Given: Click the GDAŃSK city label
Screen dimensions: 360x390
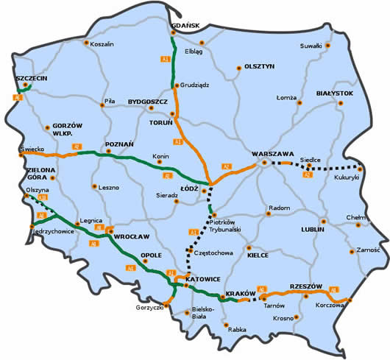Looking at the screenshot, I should point(185,27).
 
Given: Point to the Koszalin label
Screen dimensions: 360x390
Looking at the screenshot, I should point(102,44).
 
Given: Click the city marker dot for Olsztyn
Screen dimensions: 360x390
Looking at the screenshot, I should point(238,69).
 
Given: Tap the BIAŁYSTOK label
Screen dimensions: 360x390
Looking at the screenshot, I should point(335,94).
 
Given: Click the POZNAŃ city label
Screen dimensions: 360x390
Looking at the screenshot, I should point(119,144).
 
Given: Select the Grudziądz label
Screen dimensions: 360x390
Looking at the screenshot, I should point(194,85).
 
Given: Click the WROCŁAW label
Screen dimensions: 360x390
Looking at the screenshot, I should point(132,236).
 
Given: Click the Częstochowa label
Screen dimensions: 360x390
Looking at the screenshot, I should point(213,253).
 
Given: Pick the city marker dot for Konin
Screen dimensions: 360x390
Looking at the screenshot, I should point(170,164).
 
